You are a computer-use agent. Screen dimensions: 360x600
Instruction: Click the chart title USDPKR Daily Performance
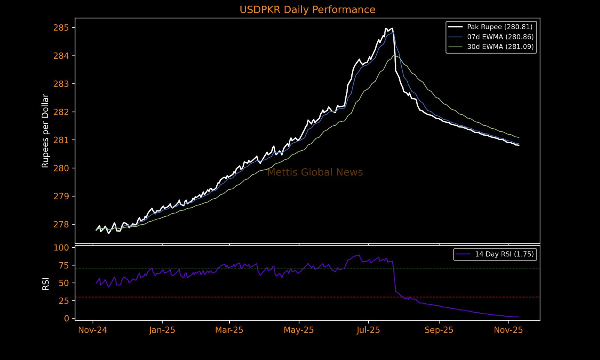pyautogui.click(x=307, y=10)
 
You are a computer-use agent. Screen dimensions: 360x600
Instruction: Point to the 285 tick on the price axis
pyautogui.click(x=61, y=28)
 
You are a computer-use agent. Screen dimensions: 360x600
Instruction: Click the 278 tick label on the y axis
pyautogui.click(x=61, y=225)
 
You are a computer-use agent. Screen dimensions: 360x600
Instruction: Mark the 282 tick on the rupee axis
pyautogui.click(x=61, y=112)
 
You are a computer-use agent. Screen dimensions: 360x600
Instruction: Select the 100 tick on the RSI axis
pyautogui.click(x=61, y=248)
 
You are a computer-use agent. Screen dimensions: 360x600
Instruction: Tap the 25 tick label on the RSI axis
pyautogui.click(x=64, y=301)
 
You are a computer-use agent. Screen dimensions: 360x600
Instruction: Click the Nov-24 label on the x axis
pyautogui.click(x=93, y=330)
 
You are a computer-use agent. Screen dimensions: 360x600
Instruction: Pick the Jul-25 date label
pyautogui.click(x=368, y=330)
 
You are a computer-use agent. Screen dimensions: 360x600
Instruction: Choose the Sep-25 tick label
pyautogui.click(x=439, y=330)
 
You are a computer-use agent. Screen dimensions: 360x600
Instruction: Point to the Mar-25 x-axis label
pyautogui.click(x=229, y=330)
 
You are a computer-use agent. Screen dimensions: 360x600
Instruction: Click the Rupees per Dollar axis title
pyautogui.click(x=45, y=131)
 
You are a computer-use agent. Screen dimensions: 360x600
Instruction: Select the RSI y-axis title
pyautogui.click(x=45, y=283)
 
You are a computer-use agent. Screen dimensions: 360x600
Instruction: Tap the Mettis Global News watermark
pyautogui.click(x=315, y=172)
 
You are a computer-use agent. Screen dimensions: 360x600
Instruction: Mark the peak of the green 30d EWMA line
pyautogui.click(x=394, y=55)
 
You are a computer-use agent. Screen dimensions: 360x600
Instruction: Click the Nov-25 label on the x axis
pyautogui.click(x=508, y=330)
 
